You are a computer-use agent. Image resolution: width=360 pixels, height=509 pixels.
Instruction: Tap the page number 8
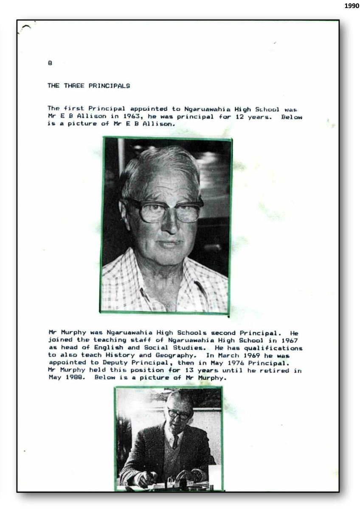[x=50, y=63]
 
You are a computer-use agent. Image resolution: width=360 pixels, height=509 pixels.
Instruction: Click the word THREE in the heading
[x=75, y=86]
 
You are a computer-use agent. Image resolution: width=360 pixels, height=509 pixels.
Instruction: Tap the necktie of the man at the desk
[x=175, y=442]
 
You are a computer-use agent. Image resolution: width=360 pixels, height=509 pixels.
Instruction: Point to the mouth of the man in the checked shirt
[x=169, y=244]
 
